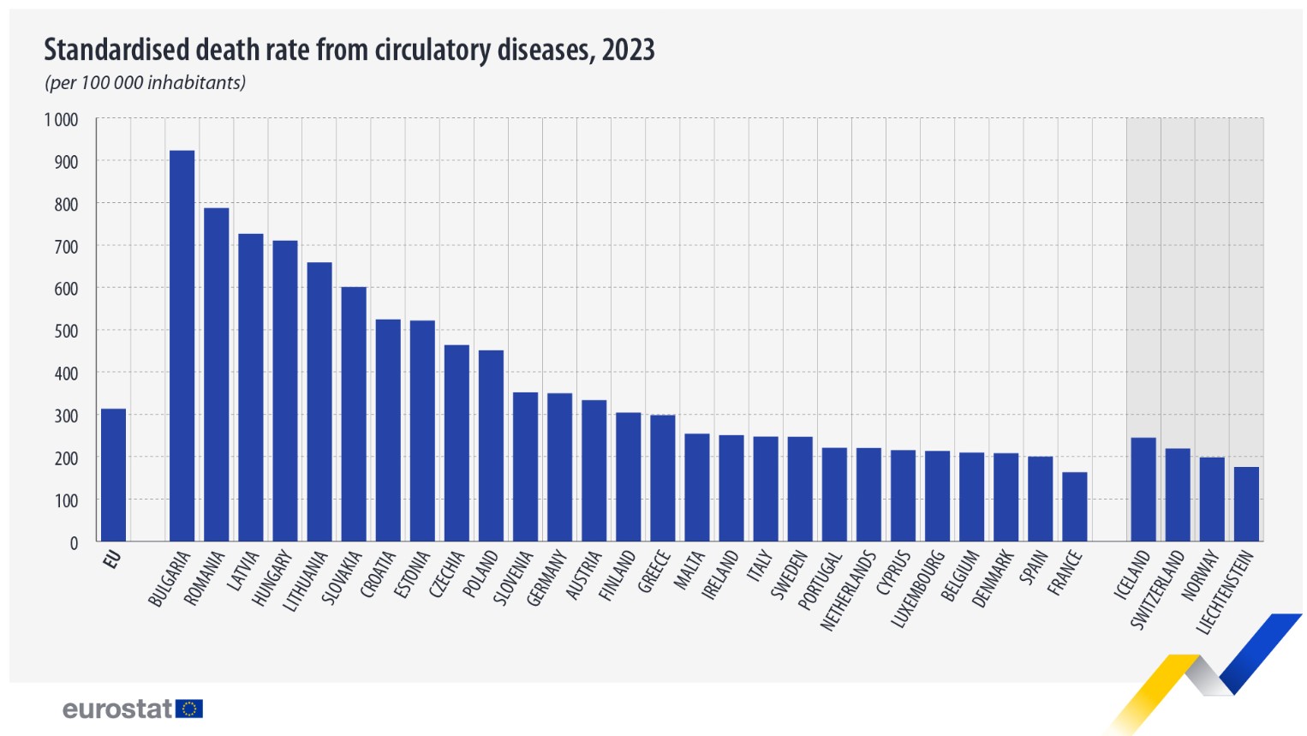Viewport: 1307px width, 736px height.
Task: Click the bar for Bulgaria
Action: coord(182,346)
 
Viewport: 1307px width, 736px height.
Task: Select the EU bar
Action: coord(113,475)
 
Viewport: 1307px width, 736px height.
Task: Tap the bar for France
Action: coord(1074,506)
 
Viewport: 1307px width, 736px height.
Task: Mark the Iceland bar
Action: coord(1143,489)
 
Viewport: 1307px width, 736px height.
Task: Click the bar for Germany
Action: coord(559,467)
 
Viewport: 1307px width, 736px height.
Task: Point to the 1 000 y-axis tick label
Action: coord(61,120)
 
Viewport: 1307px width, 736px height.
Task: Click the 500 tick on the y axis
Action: coord(66,332)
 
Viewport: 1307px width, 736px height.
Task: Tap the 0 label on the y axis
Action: coord(74,543)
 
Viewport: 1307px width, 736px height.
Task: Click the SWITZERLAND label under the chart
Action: coord(1157,590)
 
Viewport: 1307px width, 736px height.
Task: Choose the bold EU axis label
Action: coord(111,560)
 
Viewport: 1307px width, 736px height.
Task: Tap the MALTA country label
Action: coord(689,571)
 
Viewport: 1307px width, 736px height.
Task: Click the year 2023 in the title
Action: coord(628,51)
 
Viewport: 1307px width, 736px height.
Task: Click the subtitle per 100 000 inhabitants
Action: coord(145,83)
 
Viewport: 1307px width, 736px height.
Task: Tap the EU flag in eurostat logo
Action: coord(189,709)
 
